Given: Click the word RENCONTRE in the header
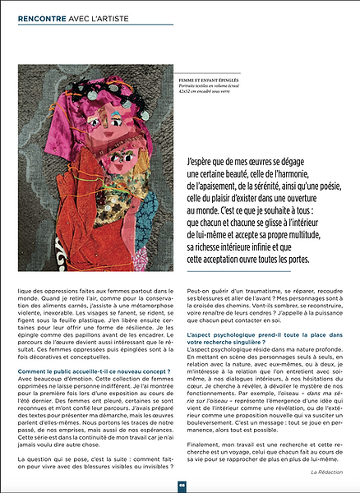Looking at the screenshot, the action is [x=43, y=15].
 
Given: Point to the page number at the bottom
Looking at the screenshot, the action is [x=179, y=485].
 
